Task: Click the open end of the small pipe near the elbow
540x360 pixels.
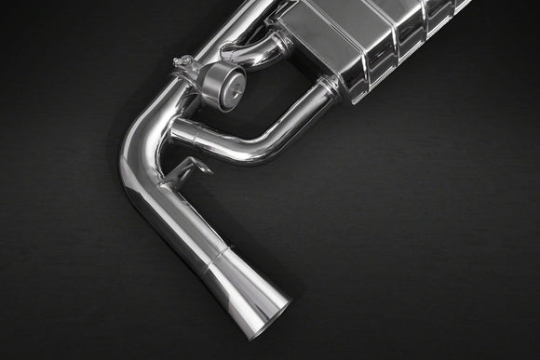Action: [x=175, y=135]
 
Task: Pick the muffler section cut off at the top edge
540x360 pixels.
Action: [x=456, y=7]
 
